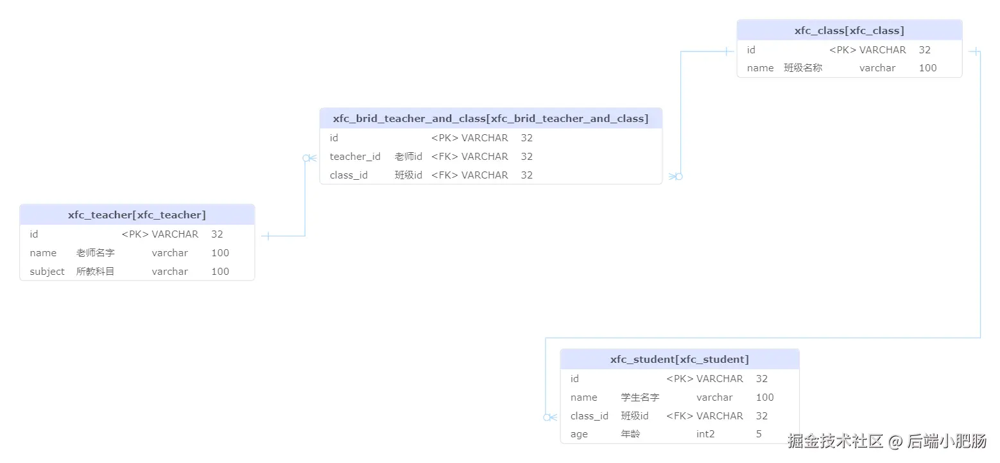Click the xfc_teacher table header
click(x=137, y=215)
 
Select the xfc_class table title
click(x=849, y=30)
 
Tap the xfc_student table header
click(x=679, y=360)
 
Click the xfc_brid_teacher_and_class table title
click(x=490, y=118)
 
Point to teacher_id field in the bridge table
click(x=355, y=157)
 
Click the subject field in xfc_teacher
click(x=47, y=272)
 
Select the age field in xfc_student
click(x=579, y=435)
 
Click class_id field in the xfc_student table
click(x=589, y=416)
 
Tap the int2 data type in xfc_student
click(x=705, y=435)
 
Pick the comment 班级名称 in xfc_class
click(x=803, y=68)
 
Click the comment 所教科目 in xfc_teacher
click(x=96, y=272)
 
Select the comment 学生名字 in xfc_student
click(x=640, y=397)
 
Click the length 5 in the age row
click(x=759, y=435)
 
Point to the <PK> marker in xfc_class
click(x=843, y=50)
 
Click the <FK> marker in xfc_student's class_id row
click(x=680, y=416)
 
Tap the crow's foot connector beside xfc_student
click(x=549, y=417)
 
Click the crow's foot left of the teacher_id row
click(x=310, y=158)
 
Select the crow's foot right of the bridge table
click(x=675, y=176)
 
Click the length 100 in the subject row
click(x=220, y=272)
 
